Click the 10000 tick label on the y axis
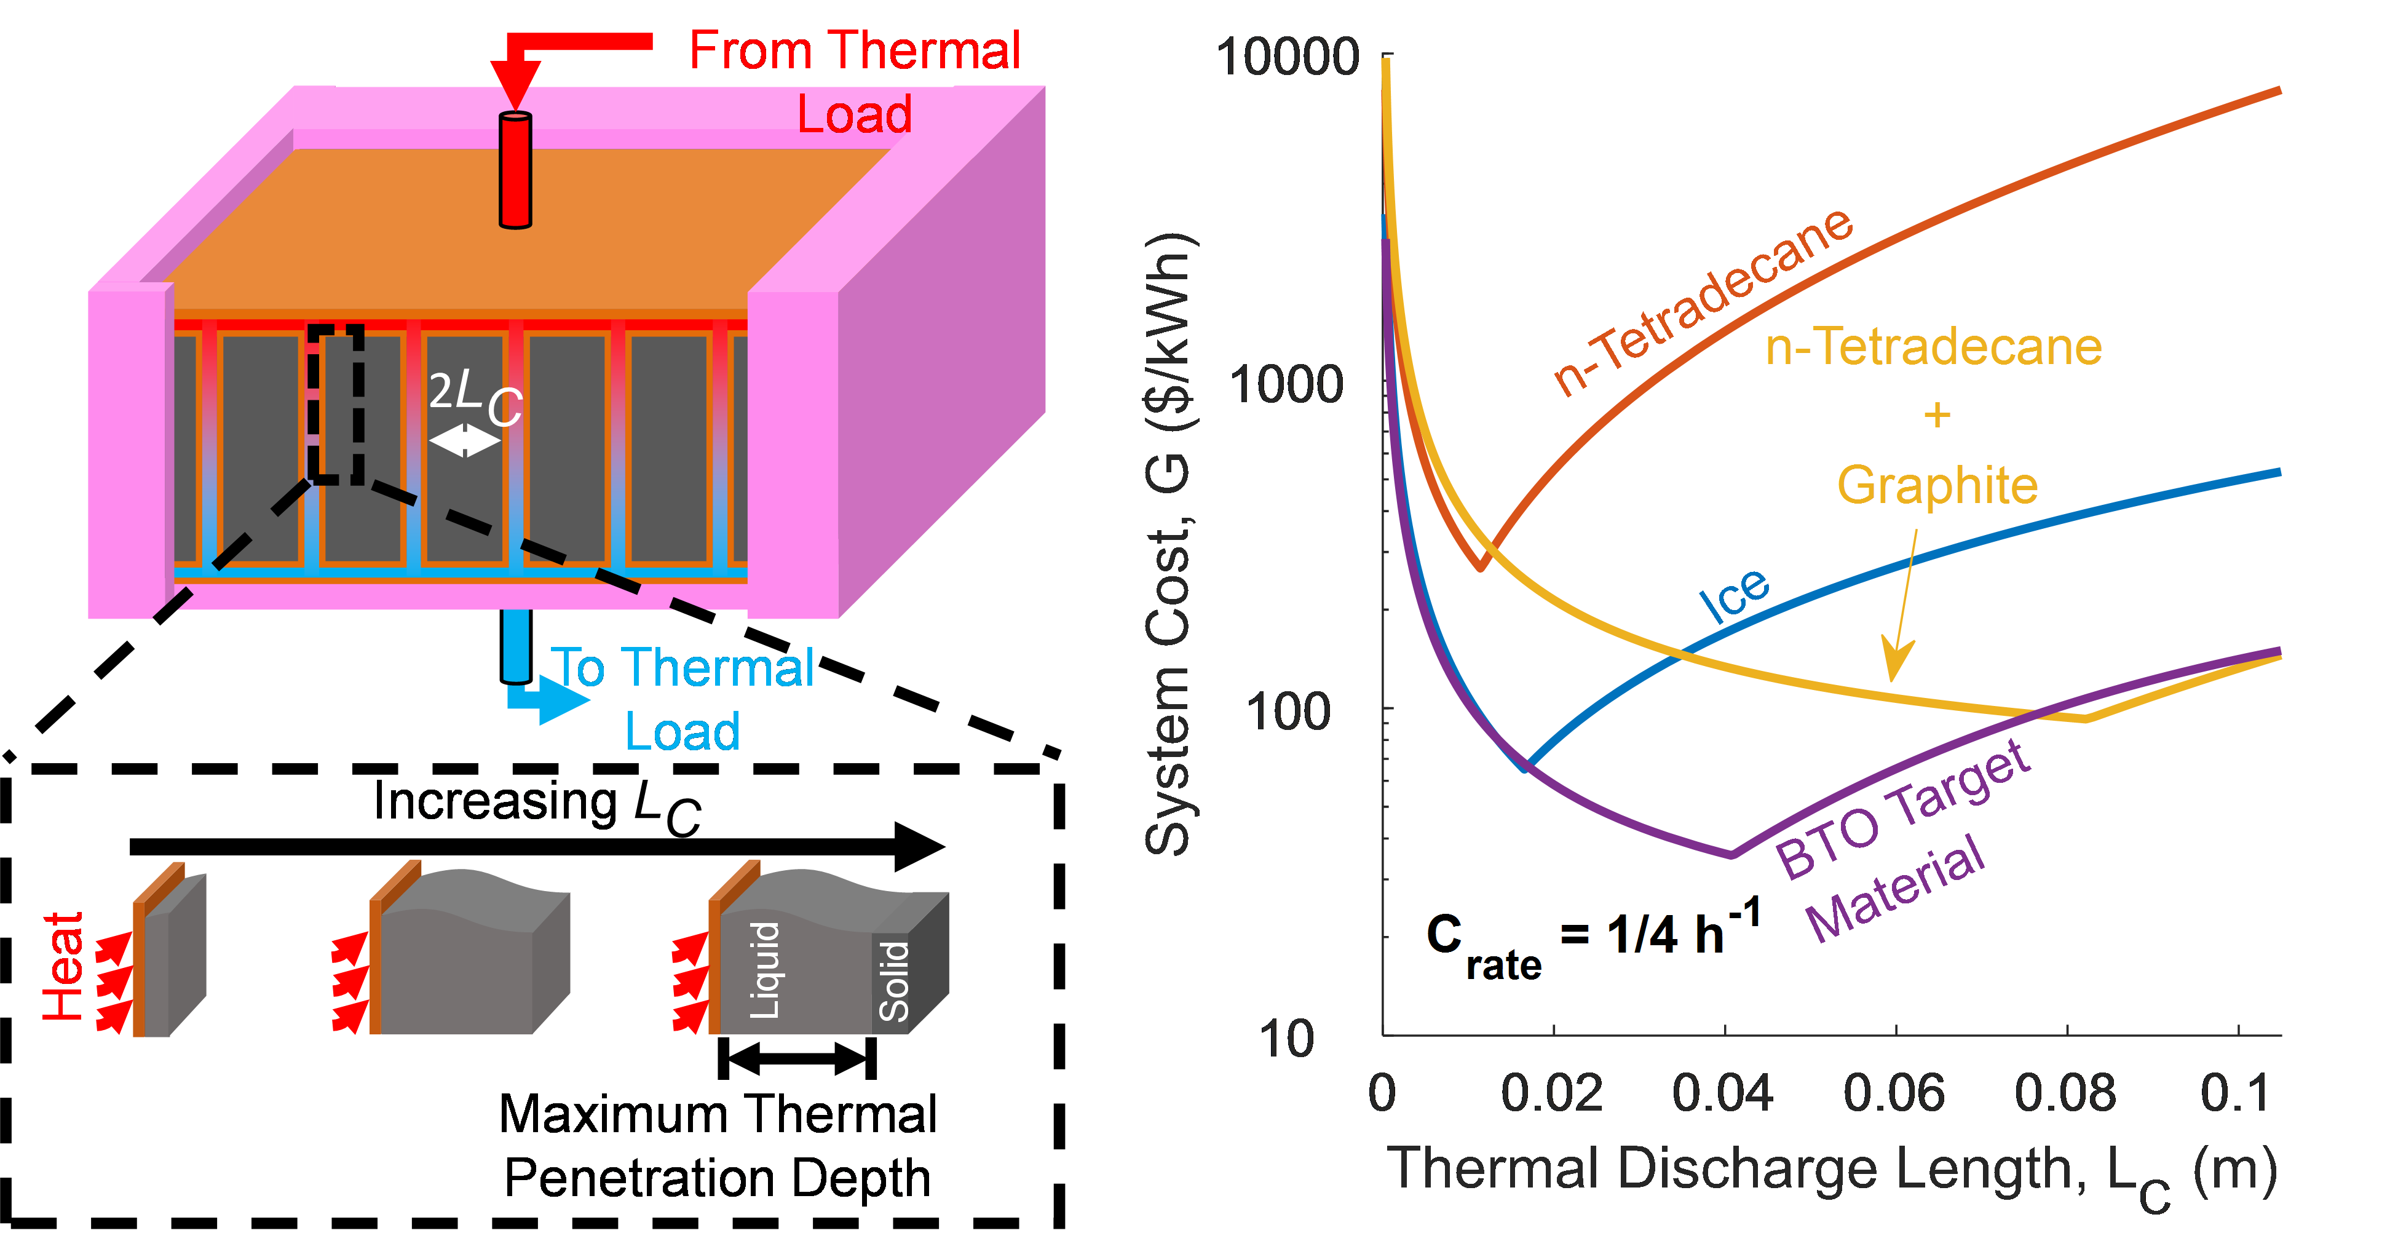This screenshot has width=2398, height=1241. pyautogui.click(x=1288, y=58)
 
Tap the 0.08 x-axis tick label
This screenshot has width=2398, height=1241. pyautogui.click(x=2065, y=1091)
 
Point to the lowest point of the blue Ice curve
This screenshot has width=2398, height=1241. pyautogui.click(x=1524, y=769)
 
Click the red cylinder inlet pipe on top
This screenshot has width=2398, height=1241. pyautogui.click(x=515, y=170)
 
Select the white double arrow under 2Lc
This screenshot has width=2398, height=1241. pyautogui.click(x=464, y=440)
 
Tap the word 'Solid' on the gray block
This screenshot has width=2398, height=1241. pyautogui.click(x=893, y=980)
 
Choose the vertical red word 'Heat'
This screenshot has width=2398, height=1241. pyautogui.click(x=63, y=966)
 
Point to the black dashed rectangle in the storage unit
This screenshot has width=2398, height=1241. pyautogui.click(x=336, y=404)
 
